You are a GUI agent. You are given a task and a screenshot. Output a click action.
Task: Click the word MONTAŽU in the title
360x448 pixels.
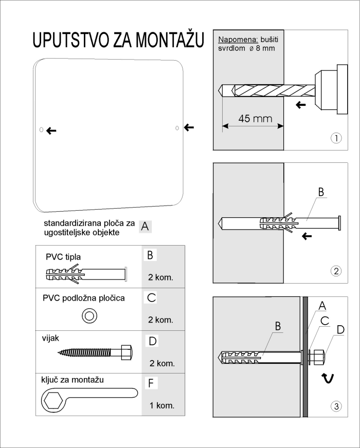(x=170, y=40)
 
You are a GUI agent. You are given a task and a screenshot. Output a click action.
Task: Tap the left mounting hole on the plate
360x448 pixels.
(x=41, y=129)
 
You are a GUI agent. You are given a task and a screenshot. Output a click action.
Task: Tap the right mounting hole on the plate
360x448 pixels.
(x=177, y=128)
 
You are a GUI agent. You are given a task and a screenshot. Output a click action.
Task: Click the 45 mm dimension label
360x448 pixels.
(x=255, y=118)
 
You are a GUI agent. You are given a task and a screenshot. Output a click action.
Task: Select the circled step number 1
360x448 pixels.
(x=336, y=138)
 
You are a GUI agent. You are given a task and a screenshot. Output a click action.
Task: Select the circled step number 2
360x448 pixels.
(x=336, y=271)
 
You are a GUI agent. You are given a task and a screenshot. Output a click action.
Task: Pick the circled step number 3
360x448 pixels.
(x=336, y=406)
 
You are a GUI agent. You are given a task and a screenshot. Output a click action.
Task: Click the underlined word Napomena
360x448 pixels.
(x=238, y=40)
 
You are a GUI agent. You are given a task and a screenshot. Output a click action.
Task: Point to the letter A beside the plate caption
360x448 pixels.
(x=145, y=227)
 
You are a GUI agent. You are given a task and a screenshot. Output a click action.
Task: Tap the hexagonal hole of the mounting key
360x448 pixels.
(x=52, y=400)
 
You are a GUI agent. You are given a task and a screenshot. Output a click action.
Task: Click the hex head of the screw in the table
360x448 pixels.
(x=127, y=352)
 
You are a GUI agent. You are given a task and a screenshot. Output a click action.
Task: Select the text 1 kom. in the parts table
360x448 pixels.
(x=162, y=405)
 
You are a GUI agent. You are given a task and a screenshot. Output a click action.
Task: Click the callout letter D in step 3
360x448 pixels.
(x=340, y=330)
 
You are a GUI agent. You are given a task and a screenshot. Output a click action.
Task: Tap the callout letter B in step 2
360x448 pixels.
(x=321, y=192)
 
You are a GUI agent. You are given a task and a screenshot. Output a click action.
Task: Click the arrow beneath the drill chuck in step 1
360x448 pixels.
(x=300, y=105)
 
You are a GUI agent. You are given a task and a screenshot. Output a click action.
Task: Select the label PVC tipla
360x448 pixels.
(x=63, y=257)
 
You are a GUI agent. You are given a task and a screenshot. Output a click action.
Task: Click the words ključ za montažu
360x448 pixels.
(x=73, y=380)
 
